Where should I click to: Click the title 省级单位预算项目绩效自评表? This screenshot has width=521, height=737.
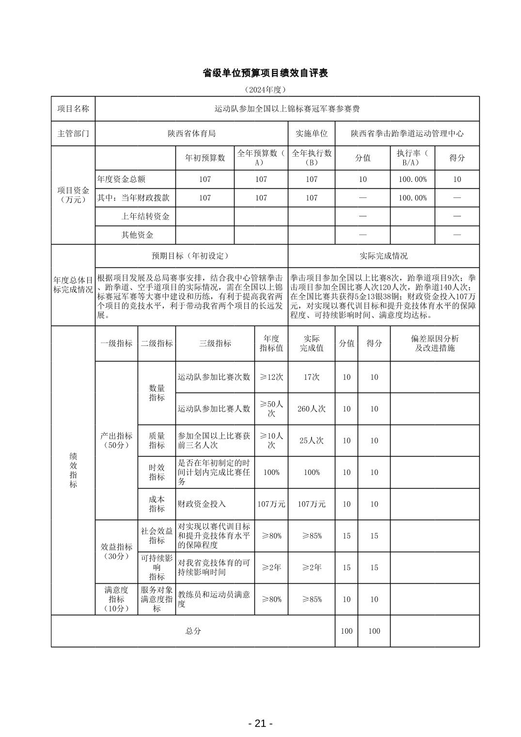coord(265,73)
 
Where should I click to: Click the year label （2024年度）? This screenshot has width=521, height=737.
coord(265,90)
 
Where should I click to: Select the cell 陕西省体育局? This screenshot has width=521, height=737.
coord(191,133)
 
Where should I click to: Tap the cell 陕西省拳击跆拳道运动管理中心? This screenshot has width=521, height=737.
coord(407,133)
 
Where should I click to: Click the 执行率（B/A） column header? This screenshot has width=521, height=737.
coord(412,158)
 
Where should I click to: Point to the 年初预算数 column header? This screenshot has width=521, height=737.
coord(205,158)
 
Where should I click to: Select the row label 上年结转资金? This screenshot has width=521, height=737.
coord(145,216)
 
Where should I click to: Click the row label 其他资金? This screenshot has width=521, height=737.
coord(137,235)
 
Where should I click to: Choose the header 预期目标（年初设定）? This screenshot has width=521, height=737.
coord(191,256)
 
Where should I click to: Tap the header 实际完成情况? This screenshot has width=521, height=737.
coord(383,256)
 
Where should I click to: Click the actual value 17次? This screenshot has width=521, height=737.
coord(311,377)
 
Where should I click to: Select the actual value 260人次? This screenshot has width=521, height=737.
coord(311,409)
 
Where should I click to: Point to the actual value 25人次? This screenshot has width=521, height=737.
coord(311,441)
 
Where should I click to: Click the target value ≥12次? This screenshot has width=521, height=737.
coord(271,377)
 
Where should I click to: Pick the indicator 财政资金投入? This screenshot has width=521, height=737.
coord(202,504)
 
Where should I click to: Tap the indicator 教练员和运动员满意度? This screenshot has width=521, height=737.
coord(214,599)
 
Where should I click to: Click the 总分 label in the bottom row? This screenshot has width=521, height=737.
coord(193,631)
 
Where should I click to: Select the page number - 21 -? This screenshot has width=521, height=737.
coord(260,723)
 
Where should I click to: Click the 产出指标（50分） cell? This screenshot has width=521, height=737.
coord(116,440)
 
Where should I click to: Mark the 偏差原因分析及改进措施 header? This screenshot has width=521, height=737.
coord(434,343)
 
